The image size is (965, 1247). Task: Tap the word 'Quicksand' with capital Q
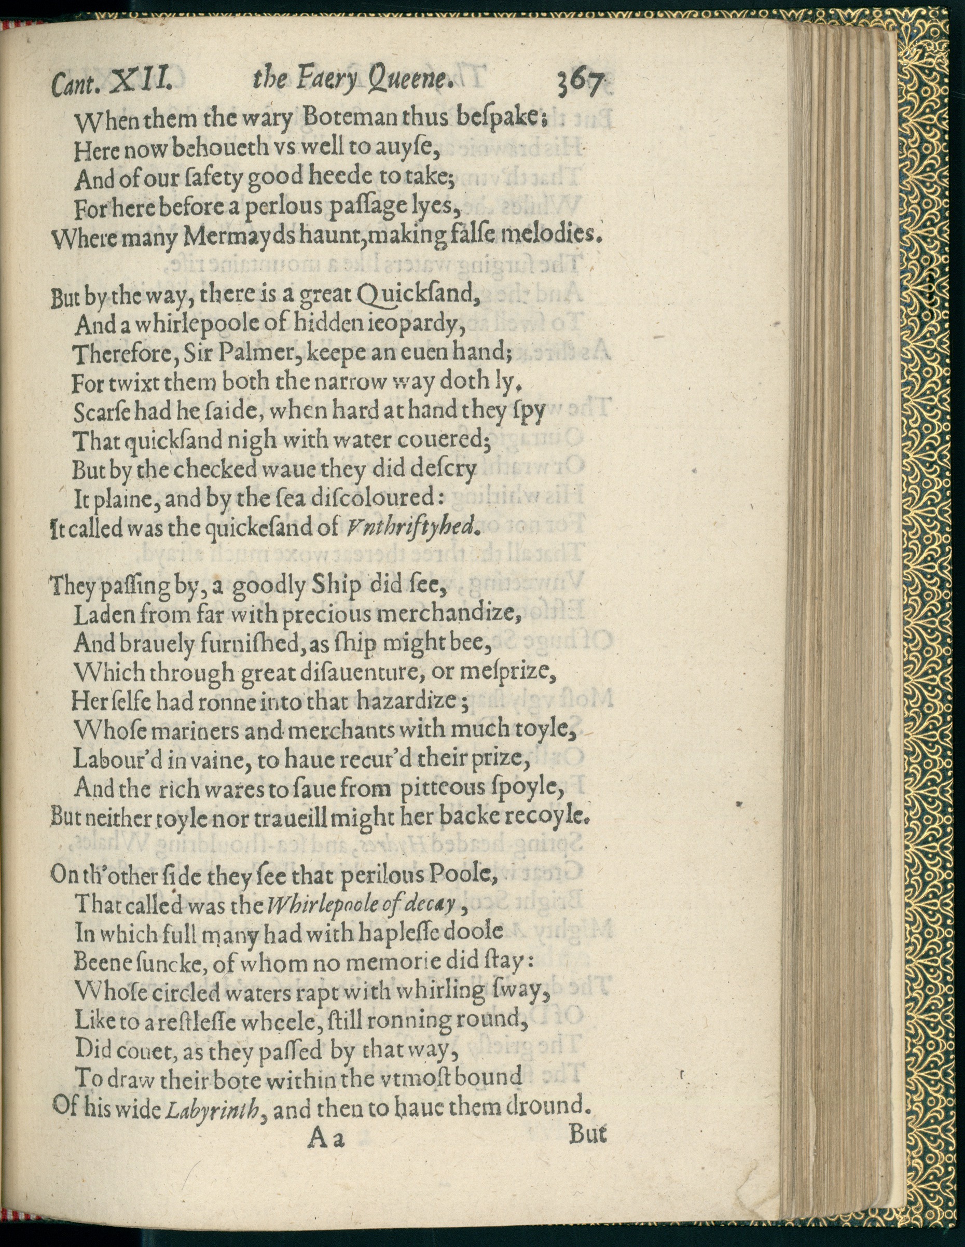coord(416,295)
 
